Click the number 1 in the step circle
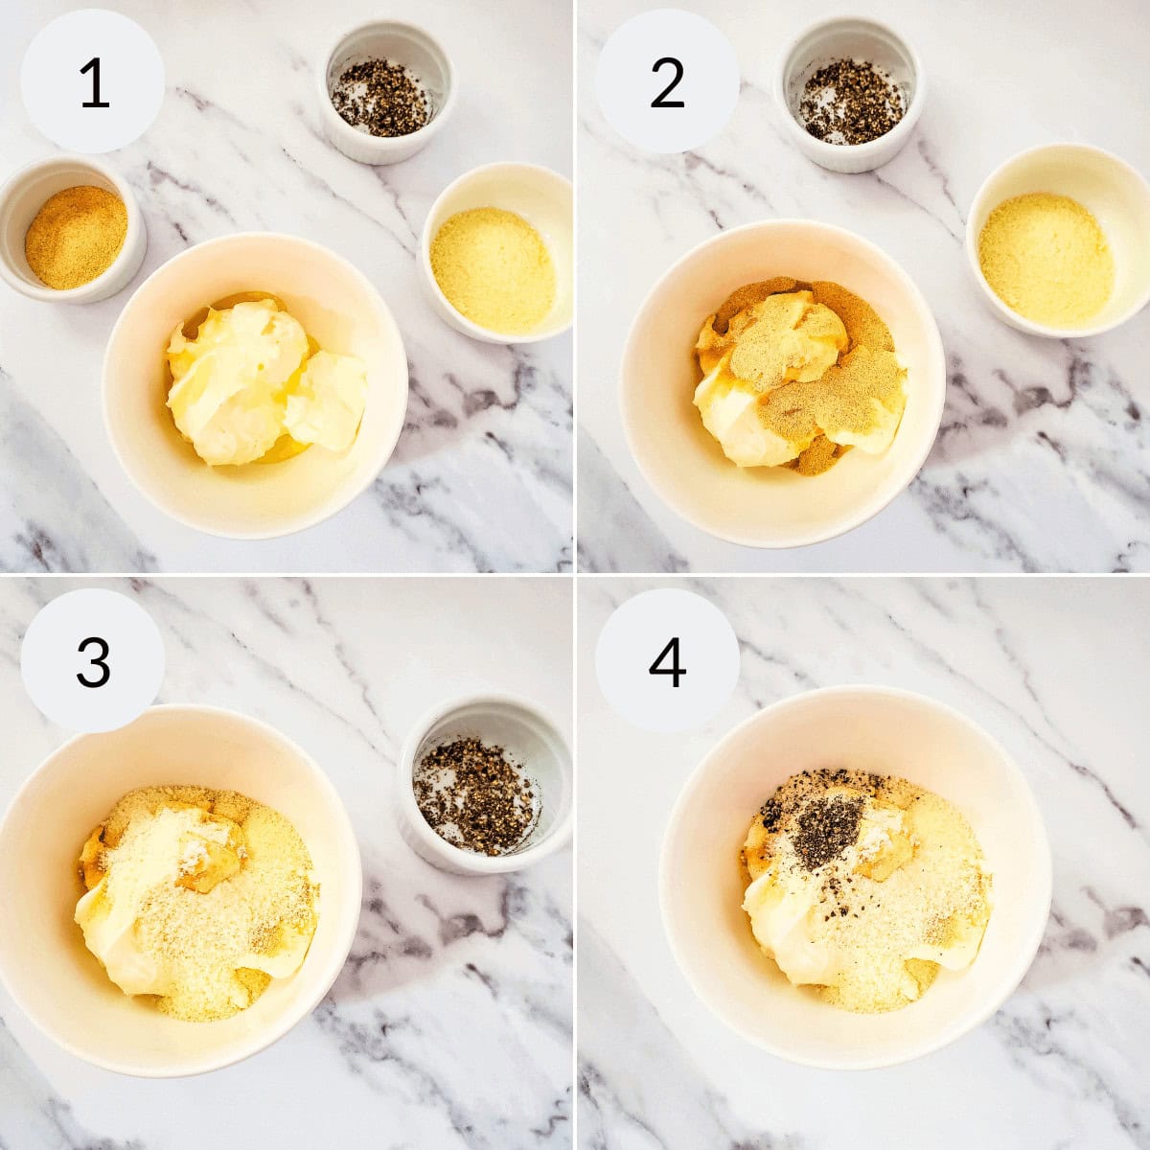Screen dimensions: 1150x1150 click(x=93, y=82)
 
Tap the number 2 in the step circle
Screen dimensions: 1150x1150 click(x=667, y=82)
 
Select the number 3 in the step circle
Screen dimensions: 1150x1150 click(x=93, y=661)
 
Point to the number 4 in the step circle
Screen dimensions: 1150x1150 click(x=667, y=661)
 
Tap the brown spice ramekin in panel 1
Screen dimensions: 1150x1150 click(x=75, y=236)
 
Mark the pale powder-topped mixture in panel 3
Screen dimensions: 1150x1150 click(x=201, y=901)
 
